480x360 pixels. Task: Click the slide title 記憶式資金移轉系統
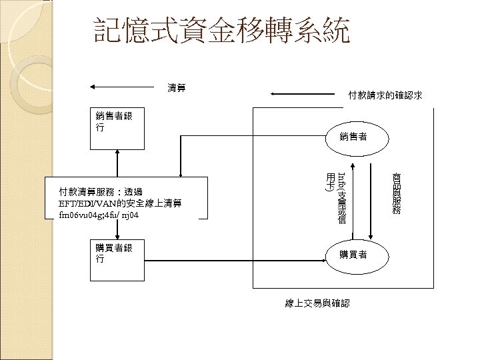(x=221, y=31)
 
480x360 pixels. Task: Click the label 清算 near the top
(x=177, y=87)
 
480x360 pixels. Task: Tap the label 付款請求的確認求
(x=385, y=95)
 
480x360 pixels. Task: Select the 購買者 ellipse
(x=353, y=253)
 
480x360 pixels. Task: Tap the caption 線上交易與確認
(x=316, y=303)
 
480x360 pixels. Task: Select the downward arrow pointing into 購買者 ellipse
(x=371, y=200)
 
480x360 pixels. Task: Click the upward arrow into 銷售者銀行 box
(x=117, y=163)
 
